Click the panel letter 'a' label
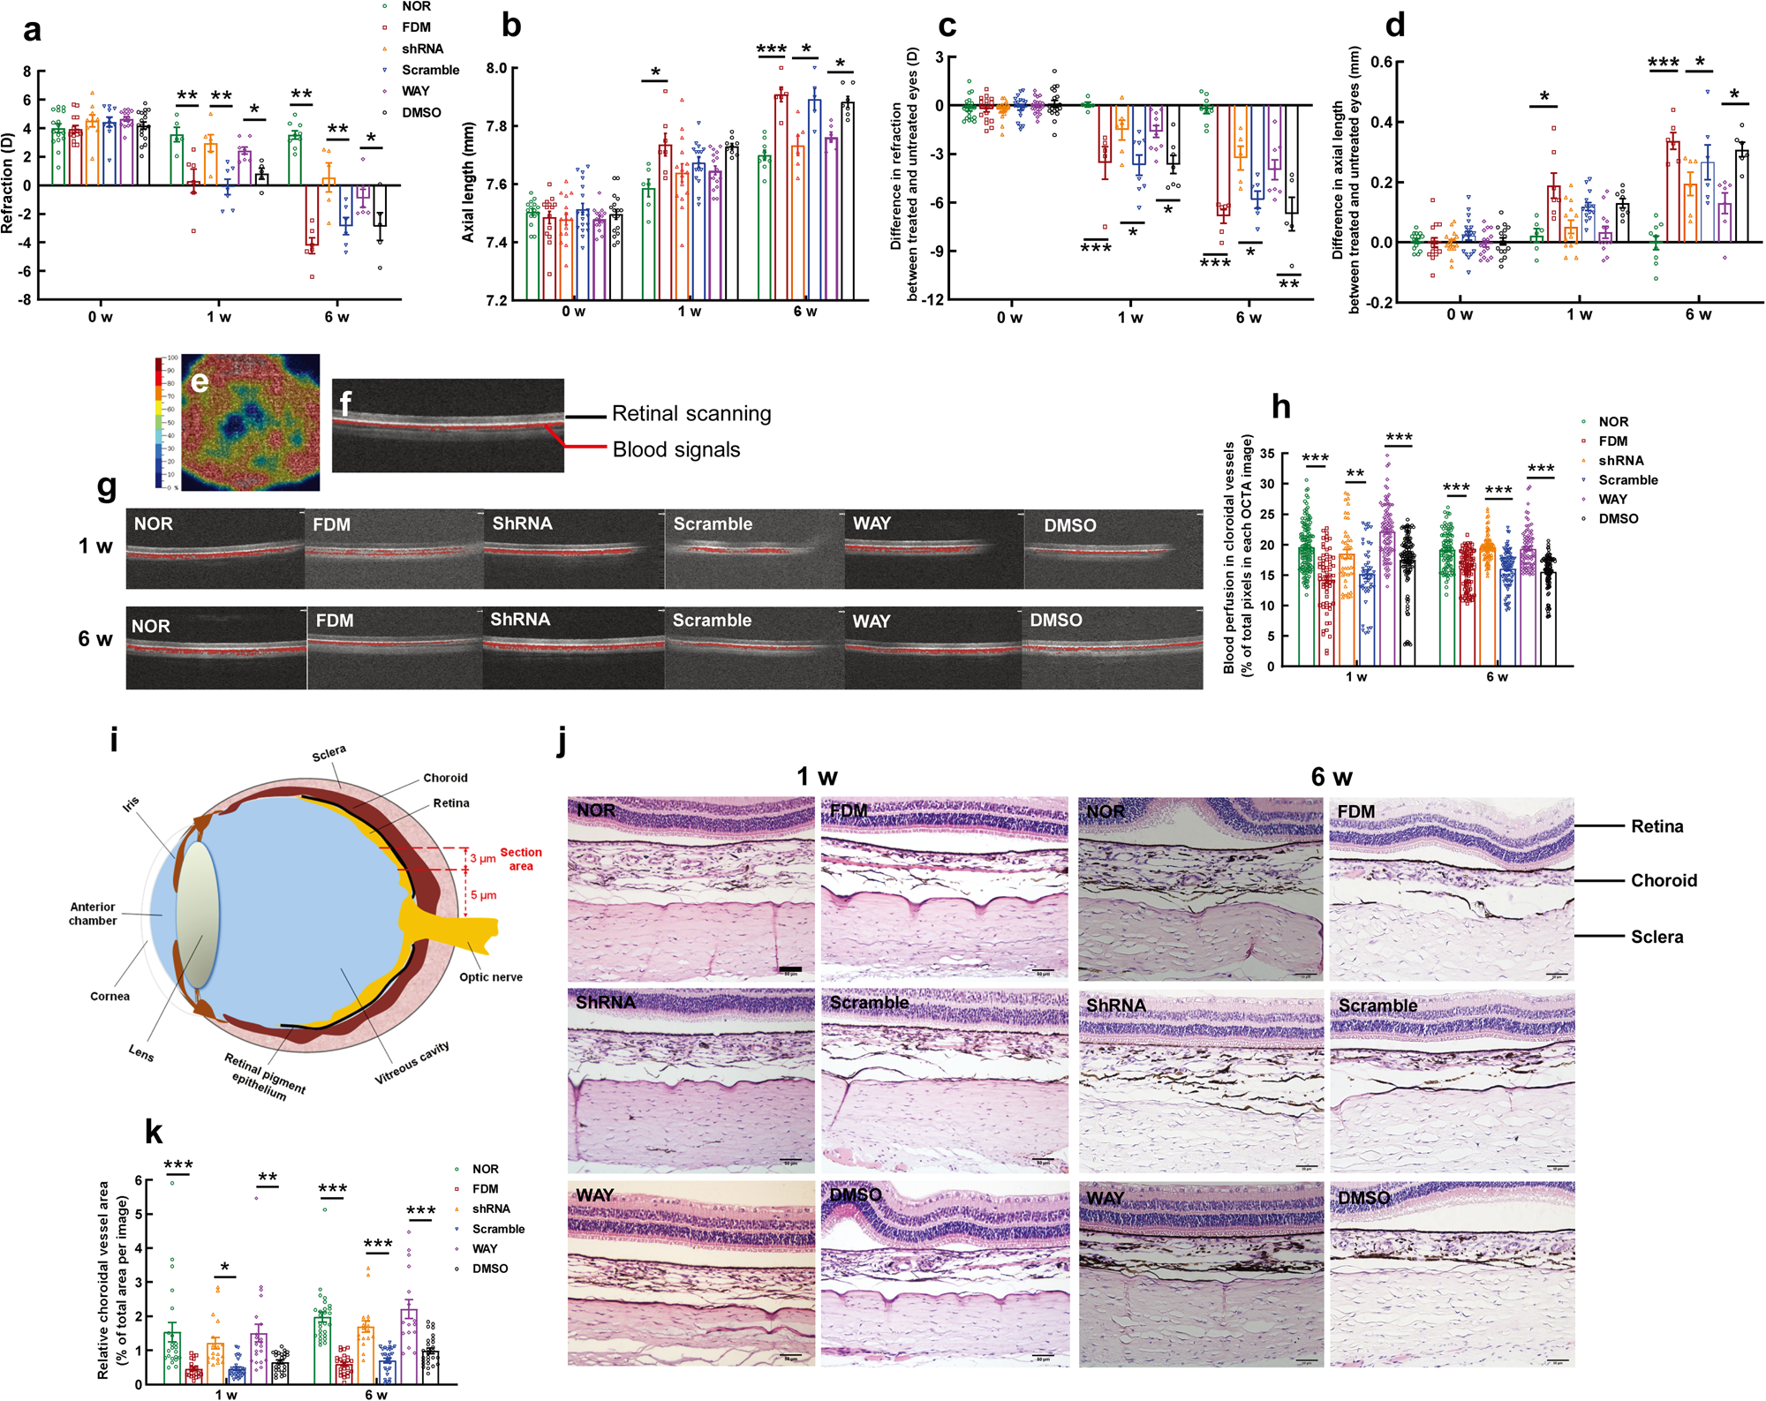[x=32, y=30]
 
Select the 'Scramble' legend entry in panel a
[x=430, y=70]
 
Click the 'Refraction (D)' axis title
[x=8, y=184]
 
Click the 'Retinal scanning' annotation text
[x=691, y=414]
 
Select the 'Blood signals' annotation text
[x=676, y=449]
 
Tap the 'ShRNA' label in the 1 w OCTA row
[x=522, y=523]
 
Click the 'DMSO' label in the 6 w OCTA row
[x=1056, y=621]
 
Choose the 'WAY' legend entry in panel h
[x=1612, y=499]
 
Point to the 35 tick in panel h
[x=1266, y=454]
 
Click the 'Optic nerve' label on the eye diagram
[x=491, y=977]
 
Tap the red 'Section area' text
[x=521, y=859]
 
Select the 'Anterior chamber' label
[x=93, y=914]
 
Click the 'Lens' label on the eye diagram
[x=141, y=1053]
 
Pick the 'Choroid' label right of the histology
[x=1664, y=880]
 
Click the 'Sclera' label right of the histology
[x=1657, y=937]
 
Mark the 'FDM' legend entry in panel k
[x=485, y=1189]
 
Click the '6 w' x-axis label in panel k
[x=376, y=1395]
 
